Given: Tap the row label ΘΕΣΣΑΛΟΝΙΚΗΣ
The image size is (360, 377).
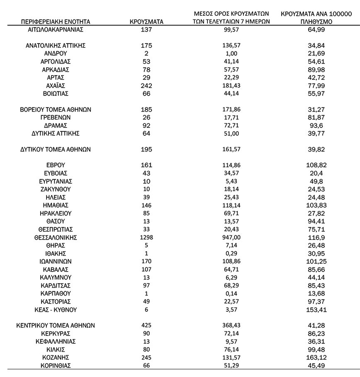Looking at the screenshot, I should (56, 238).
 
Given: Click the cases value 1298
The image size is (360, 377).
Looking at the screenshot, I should (146, 238).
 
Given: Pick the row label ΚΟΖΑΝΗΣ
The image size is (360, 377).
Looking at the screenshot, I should (56, 357).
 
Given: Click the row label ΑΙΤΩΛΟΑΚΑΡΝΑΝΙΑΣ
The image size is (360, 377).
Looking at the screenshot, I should (56, 29).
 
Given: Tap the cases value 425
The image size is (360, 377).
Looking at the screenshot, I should (146, 326).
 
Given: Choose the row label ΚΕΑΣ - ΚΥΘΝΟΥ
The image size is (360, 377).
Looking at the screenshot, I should (56, 310).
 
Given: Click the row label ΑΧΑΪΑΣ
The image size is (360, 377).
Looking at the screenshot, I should (56, 86).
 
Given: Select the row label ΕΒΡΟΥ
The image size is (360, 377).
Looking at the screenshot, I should (56, 165).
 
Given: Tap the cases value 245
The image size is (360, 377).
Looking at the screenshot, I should (146, 357).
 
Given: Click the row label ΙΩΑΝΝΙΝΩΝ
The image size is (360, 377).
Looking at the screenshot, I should (56, 262).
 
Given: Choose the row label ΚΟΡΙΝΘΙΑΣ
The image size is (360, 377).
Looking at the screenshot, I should (56, 365).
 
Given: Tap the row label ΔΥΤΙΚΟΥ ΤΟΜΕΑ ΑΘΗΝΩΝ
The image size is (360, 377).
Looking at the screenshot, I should (56, 149).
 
